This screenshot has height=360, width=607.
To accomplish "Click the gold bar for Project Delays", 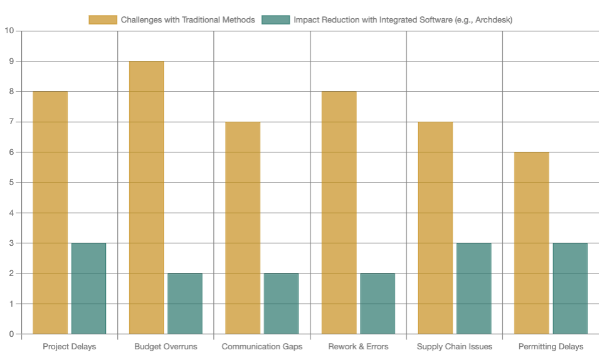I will tap(50, 213).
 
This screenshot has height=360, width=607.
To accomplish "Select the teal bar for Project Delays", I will tap(88, 289).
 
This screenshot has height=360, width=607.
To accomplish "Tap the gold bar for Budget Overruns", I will tap(146, 198).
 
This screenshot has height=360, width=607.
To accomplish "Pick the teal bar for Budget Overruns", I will tap(185, 304).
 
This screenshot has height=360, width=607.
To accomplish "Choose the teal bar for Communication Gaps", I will tap(281, 304).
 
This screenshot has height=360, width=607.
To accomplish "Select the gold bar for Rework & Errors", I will tap(339, 213).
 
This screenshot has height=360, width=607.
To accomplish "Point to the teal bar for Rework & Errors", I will tap(377, 304).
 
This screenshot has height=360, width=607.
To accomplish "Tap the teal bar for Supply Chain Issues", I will tap(473, 289).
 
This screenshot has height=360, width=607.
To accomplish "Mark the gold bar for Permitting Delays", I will tap(531, 243).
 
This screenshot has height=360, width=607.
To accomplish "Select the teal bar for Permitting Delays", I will tap(570, 289).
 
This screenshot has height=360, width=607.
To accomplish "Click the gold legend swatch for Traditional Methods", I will tap(103, 19).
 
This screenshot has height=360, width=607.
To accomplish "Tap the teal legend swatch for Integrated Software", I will tap(276, 19).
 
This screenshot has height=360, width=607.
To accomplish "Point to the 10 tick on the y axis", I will tap(9, 31).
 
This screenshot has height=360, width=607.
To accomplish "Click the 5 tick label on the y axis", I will tap(11, 183).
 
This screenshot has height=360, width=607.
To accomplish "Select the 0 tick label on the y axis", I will tap(11, 334).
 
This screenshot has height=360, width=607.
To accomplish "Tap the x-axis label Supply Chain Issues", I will tap(455, 347).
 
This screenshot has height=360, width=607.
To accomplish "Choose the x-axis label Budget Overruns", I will tap(166, 347).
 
